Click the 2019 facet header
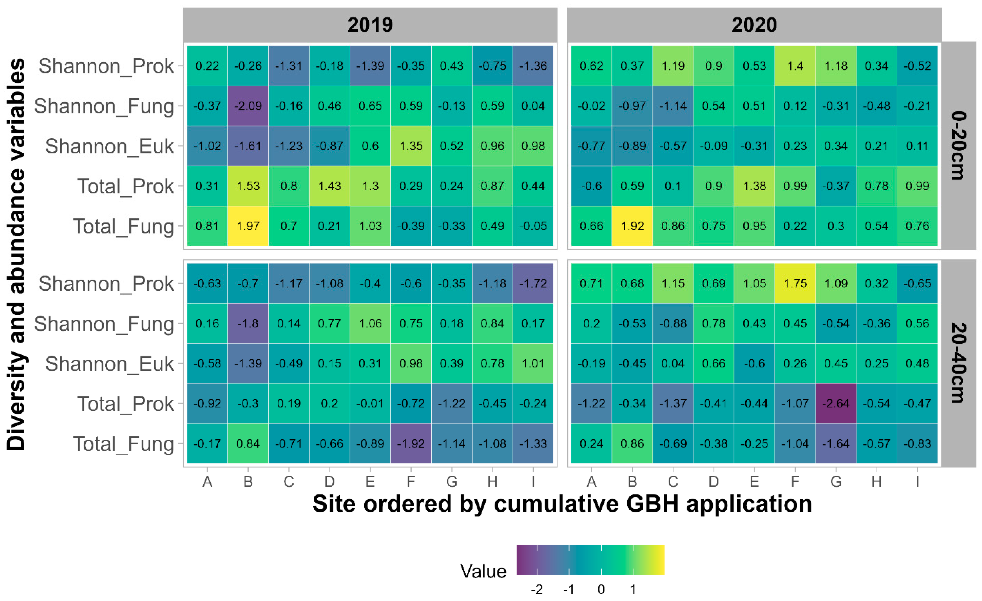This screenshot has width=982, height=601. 370,25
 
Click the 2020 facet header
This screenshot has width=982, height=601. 754,25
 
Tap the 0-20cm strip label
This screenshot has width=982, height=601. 958,146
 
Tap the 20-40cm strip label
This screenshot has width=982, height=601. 958,363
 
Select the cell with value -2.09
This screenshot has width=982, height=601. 248,106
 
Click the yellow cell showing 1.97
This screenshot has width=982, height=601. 248,226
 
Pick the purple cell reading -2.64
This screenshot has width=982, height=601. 836,404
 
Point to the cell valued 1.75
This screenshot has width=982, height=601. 795,284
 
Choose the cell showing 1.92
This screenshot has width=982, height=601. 632,226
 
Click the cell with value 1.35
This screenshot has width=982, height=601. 411,146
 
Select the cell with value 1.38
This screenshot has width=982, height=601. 754,186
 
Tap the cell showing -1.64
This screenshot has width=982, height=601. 836,444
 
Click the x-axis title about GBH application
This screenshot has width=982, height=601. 562,504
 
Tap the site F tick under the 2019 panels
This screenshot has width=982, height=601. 411,482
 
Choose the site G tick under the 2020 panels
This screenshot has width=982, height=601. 836,482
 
